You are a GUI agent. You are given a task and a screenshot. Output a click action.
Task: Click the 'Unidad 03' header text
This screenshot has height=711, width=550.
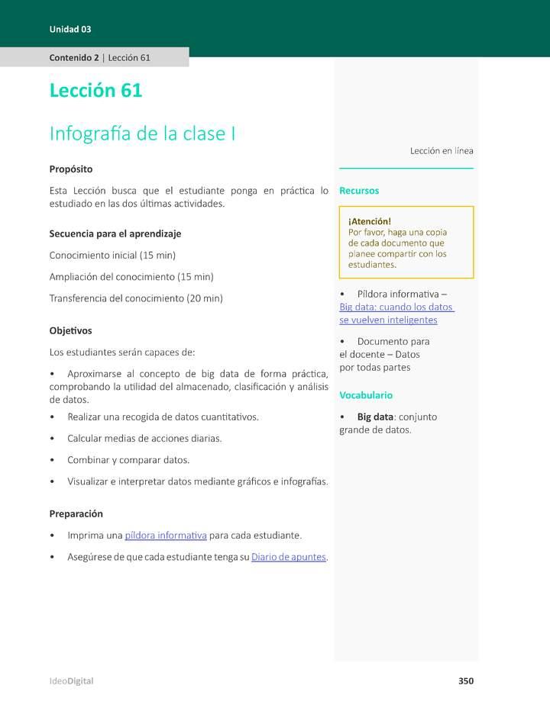point(70,29)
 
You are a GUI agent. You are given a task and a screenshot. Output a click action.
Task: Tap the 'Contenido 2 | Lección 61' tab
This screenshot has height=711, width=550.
point(99,57)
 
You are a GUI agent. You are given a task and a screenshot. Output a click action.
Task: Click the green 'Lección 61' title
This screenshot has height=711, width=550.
point(95,90)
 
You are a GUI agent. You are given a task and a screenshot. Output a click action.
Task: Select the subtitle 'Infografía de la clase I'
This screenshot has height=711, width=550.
point(142,134)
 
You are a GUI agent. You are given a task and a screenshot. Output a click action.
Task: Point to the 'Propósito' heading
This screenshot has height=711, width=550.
point(71,169)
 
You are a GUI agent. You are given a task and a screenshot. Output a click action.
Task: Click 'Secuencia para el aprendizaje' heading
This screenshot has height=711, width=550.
point(115,233)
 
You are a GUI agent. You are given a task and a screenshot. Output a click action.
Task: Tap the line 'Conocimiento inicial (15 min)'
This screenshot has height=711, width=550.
point(112,255)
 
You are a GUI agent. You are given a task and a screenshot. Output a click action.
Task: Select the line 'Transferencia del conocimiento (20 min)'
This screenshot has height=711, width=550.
point(136,298)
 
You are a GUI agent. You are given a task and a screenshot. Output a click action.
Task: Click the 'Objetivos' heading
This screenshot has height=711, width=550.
point(70,330)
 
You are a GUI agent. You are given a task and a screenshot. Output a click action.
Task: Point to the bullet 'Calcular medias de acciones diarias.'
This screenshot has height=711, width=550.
point(144,439)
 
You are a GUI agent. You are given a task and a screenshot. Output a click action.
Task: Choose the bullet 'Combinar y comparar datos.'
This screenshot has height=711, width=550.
point(128,460)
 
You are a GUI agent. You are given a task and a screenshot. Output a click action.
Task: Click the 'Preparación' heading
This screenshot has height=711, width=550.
point(76,513)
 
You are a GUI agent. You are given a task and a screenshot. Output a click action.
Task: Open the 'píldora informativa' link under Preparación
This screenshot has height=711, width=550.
point(166,535)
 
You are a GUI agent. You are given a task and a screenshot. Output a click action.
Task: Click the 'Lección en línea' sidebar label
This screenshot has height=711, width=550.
point(442,151)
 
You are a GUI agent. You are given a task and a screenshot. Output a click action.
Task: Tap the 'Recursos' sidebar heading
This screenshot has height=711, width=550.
point(359,191)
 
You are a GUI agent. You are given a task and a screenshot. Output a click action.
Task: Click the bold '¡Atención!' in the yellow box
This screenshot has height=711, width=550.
point(370,221)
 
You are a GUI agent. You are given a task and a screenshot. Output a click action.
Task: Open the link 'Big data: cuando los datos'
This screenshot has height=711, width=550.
point(396,307)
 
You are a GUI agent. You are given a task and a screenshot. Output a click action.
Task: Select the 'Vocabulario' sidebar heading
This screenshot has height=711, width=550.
point(366,395)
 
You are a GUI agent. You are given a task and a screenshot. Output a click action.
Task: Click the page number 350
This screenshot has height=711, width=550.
point(466,680)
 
